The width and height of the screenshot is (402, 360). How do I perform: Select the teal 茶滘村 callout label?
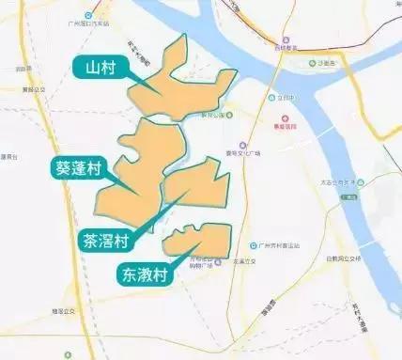click(109, 240)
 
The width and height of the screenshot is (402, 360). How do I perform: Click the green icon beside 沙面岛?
click(312, 65)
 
